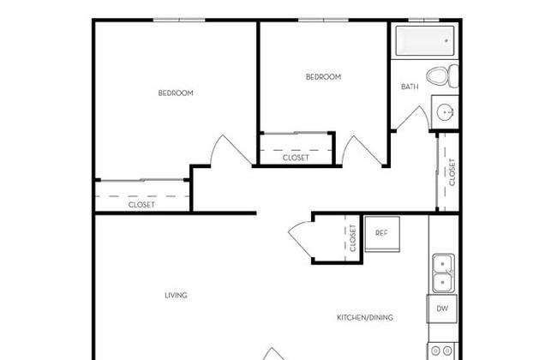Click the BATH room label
[410, 87]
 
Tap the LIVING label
[176, 295]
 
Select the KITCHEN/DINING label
[365, 317]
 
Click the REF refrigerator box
[382, 234]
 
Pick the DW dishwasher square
[442, 309]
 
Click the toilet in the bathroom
[443, 76]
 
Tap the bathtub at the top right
[425, 40]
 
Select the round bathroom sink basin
[445, 112]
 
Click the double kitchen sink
[443, 273]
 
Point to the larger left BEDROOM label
[176, 93]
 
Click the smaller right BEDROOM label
[323, 77]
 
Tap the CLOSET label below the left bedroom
[141, 205]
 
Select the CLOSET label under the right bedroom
[296, 158]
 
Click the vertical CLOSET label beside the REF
[353, 237]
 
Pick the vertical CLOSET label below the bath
[452, 172]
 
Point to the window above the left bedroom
[179, 20]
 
